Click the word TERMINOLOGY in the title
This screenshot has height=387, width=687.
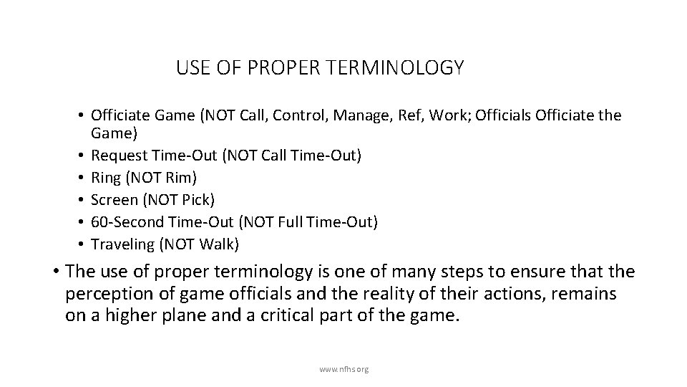click(x=405, y=68)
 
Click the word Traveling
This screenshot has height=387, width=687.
click(x=122, y=245)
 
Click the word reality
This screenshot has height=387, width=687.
click(x=371, y=294)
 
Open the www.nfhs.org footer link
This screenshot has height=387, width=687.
click(x=343, y=370)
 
